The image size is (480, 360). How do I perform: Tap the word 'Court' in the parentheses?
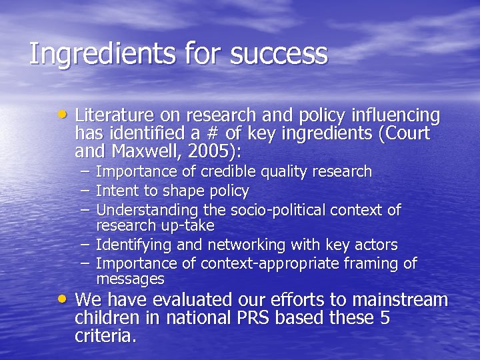pyautogui.click(x=408, y=133)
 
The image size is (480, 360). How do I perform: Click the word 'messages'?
pyautogui.click(x=130, y=279)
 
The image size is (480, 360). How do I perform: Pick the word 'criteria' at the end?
pyautogui.click(x=104, y=336)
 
